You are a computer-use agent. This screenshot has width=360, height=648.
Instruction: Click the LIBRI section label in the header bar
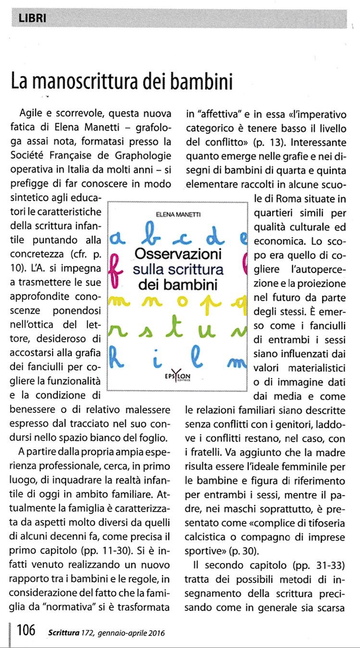pyautogui.click(x=32, y=19)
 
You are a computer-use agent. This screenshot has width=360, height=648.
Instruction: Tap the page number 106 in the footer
pyautogui.click(x=26, y=630)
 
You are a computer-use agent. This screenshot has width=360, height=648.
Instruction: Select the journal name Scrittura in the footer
pyautogui.click(x=66, y=631)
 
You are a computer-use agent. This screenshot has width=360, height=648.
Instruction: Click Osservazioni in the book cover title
pyautogui.click(x=178, y=254)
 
